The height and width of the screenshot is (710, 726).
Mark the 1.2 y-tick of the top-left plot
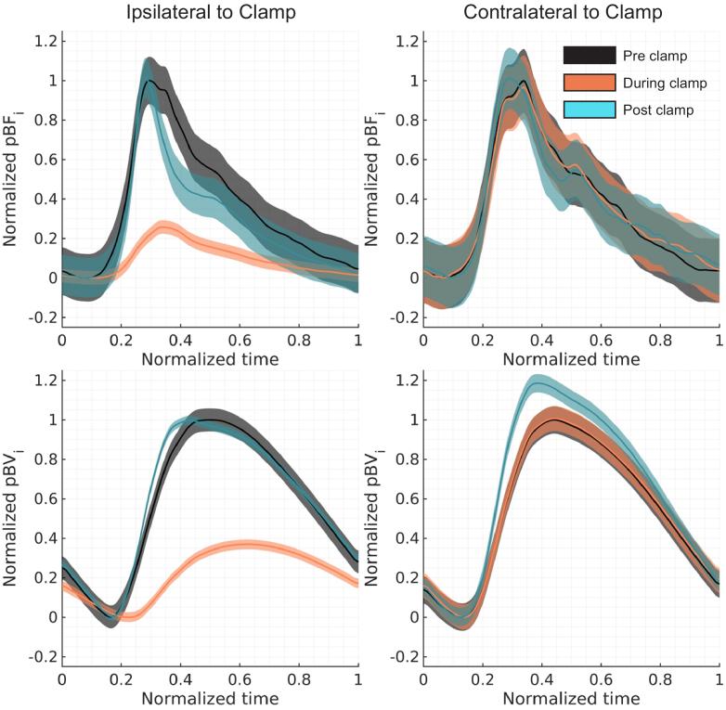point(44,41)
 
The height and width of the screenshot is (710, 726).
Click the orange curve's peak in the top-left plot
point(165,226)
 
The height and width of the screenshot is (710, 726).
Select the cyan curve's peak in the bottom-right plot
point(536,382)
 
